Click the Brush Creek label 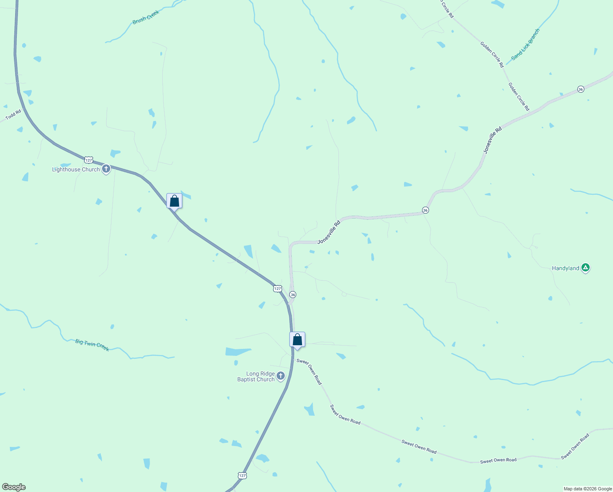(x=145, y=17)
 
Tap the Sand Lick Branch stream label (x=525, y=44)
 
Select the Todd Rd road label (x=13, y=115)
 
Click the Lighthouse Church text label (x=76, y=169)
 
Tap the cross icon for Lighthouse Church (x=106, y=169)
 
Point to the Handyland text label (x=565, y=269)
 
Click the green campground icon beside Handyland (x=586, y=268)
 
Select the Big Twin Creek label (x=92, y=345)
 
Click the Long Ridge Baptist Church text (x=256, y=376)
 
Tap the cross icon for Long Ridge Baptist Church (x=281, y=376)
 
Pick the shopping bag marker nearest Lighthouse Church (x=174, y=201)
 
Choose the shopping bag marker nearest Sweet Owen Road (x=297, y=340)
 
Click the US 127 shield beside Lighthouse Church (x=89, y=159)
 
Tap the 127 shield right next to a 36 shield (x=277, y=289)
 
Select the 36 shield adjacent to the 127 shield (x=293, y=295)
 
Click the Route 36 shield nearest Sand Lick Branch (x=581, y=89)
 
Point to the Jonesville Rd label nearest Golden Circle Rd (x=492, y=141)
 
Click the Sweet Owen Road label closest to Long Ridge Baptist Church (x=309, y=371)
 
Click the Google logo (x=14, y=487)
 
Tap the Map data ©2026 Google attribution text (x=587, y=489)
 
